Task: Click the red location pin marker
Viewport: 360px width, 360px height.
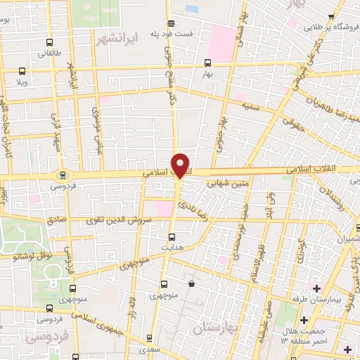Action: click(x=181, y=165)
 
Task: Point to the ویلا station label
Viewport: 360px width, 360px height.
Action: click(x=22, y=81)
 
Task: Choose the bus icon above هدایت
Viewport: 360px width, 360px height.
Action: click(x=172, y=237)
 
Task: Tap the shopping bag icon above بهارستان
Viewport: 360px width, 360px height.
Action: click(x=193, y=284)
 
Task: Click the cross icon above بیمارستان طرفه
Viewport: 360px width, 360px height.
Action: click(x=316, y=288)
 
